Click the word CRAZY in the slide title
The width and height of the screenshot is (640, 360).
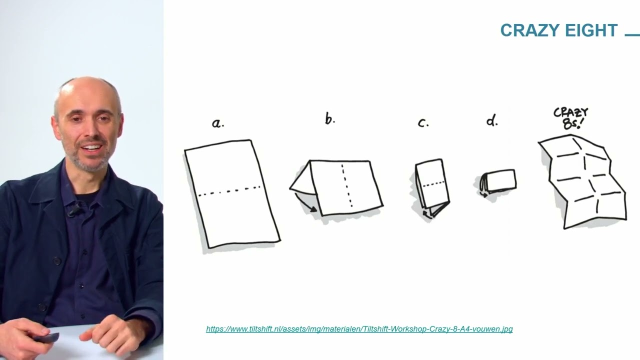click(x=530, y=30)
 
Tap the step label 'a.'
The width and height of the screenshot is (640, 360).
click(x=218, y=123)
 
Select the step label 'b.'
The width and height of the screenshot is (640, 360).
click(x=330, y=118)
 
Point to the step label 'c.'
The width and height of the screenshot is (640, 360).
click(x=423, y=123)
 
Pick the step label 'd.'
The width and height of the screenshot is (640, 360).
click(x=492, y=120)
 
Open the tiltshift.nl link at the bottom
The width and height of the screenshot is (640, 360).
click(x=359, y=329)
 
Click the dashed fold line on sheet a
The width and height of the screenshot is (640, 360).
click(x=229, y=191)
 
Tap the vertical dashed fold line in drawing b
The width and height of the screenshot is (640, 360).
click(x=346, y=185)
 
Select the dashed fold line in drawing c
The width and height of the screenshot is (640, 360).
click(x=433, y=184)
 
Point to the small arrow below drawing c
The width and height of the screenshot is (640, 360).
click(x=427, y=213)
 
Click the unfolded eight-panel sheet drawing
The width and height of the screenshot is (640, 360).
click(x=583, y=181)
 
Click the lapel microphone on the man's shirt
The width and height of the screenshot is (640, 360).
click(x=73, y=210)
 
